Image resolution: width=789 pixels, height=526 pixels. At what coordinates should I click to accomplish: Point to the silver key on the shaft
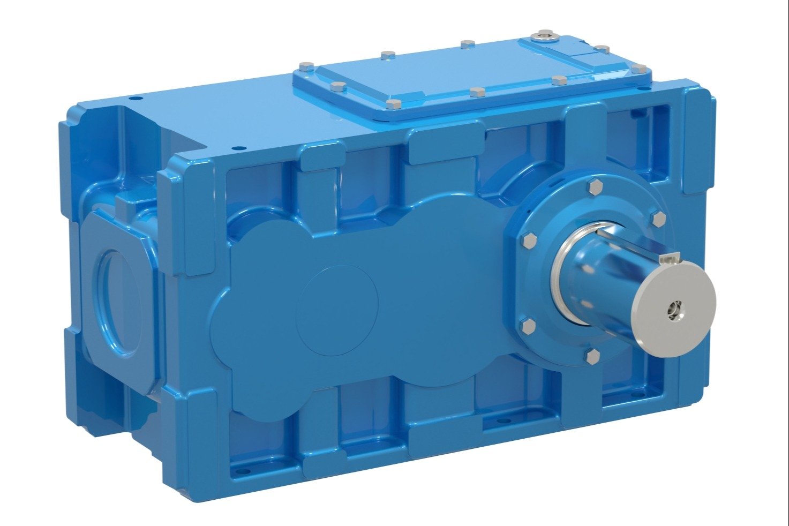tap(668, 259)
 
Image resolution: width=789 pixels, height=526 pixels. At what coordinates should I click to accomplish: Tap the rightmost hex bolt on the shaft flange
tap(658, 219)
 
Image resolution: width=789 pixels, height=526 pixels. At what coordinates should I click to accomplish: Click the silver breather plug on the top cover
tap(544, 35)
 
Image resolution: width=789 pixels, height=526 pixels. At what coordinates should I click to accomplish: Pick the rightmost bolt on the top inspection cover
tap(638, 69)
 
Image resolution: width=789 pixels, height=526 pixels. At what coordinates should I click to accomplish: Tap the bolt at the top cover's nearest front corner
tap(393, 103)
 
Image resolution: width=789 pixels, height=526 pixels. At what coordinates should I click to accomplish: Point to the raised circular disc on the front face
tap(337, 310)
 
